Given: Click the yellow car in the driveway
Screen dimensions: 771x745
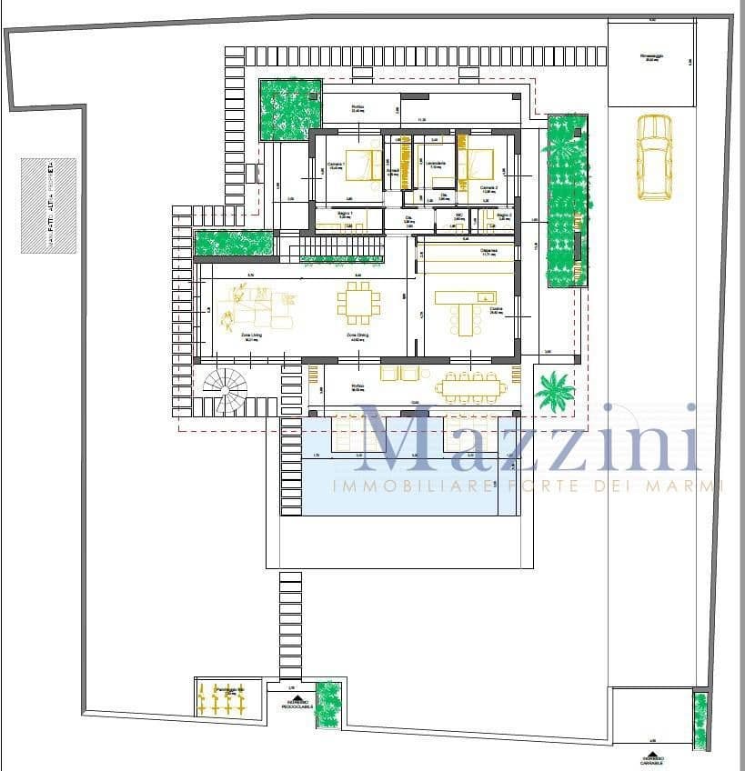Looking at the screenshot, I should pyautogui.click(x=653, y=155).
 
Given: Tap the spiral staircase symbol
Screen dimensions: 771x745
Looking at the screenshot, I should pyautogui.click(x=225, y=391).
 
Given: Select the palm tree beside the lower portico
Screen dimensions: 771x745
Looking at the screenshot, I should pyautogui.click(x=555, y=391).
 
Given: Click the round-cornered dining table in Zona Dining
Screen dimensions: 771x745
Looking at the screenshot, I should pyautogui.click(x=358, y=303).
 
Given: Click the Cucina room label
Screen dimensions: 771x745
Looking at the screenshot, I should pyautogui.click(x=496, y=310).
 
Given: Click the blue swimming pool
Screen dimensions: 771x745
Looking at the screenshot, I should pyautogui.click(x=399, y=486).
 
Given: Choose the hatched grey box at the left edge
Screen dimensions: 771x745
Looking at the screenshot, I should pyautogui.click(x=48, y=205).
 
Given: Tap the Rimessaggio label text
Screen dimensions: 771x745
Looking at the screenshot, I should pyautogui.click(x=651, y=55).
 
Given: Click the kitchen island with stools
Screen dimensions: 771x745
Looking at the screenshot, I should pyautogui.click(x=466, y=308).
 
